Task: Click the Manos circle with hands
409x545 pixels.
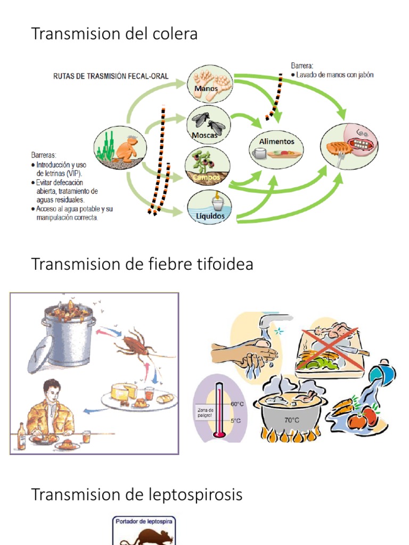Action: click(x=209, y=85)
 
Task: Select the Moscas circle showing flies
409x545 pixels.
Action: click(x=208, y=125)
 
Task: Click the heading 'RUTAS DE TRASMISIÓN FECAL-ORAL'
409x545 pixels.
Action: click(x=110, y=76)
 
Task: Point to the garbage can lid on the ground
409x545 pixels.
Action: click(x=40, y=355)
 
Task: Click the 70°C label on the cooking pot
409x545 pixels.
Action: click(x=291, y=420)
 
